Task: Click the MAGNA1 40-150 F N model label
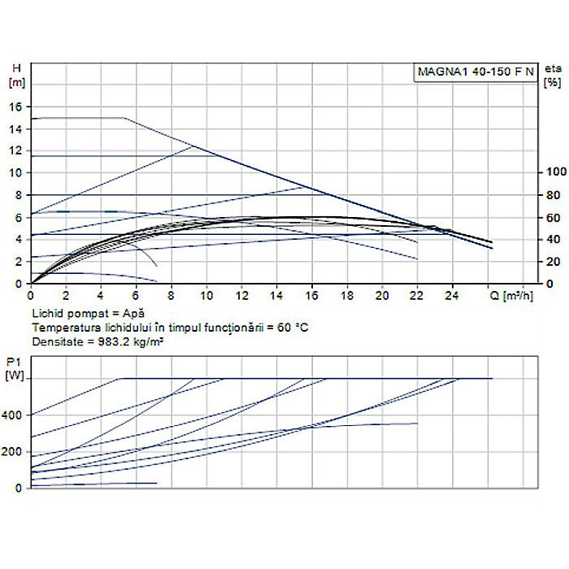[x=476, y=71]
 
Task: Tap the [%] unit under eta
[x=552, y=82]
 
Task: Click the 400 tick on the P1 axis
[x=14, y=415]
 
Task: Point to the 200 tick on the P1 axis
[x=14, y=451]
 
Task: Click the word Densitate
[x=55, y=341]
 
